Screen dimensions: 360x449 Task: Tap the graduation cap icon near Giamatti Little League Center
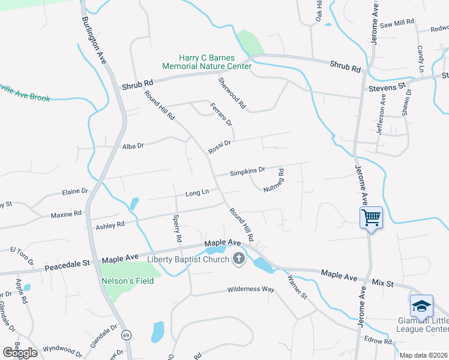(x=421, y=306)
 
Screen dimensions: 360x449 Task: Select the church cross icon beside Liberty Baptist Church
(x=239, y=259)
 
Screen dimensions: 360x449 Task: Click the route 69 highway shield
(x=125, y=334)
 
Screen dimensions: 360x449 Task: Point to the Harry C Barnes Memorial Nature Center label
(x=206, y=62)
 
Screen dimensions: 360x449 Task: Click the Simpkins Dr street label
(x=247, y=172)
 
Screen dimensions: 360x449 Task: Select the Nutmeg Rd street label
(x=273, y=181)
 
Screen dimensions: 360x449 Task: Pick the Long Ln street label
(x=197, y=193)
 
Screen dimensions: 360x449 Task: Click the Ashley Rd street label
(x=110, y=225)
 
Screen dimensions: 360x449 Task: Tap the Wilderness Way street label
(x=250, y=289)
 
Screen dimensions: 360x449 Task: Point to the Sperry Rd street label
(x=177, y=228)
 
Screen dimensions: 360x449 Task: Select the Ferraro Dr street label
(x=221, y=114)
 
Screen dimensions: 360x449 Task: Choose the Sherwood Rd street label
(x=232, y=93)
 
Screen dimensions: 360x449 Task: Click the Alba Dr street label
(x=133, y=146)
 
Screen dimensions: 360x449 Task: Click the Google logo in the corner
(x=20, y=353)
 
